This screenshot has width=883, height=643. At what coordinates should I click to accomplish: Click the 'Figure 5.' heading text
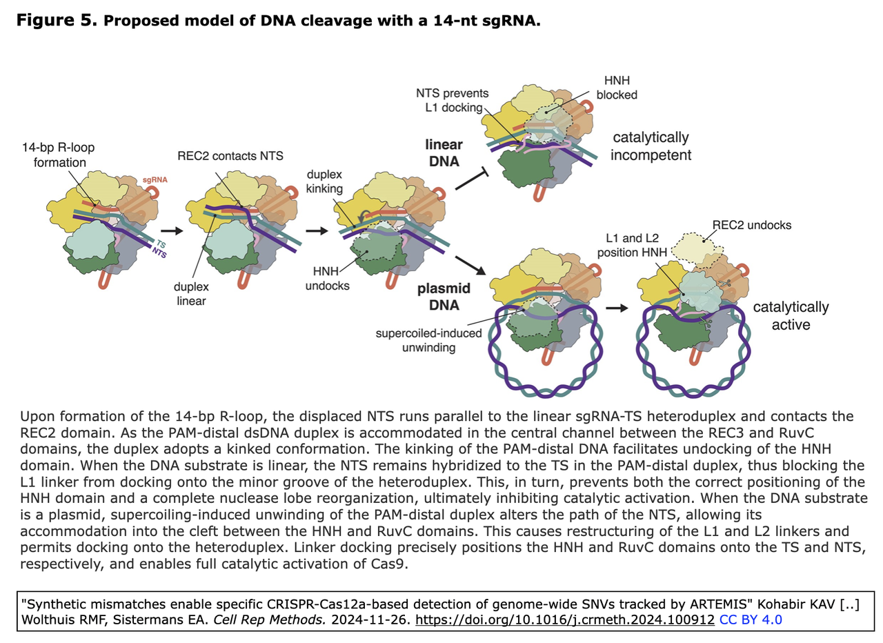[x=57, y=21]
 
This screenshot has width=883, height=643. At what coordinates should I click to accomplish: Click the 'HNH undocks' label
[x=327, y=278]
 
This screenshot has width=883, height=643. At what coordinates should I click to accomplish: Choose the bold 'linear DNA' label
[x=443, y=152]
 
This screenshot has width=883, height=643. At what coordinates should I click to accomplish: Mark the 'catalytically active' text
[x=791, y=315]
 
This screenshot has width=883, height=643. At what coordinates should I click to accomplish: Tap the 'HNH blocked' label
[x=617, y=88]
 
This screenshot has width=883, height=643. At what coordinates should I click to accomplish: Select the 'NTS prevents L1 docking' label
[x=453, y=100]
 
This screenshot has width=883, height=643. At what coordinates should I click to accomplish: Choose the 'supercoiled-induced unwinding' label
[x=428, y=340]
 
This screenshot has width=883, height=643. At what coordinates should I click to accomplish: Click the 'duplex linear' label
[x=191, y=293]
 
